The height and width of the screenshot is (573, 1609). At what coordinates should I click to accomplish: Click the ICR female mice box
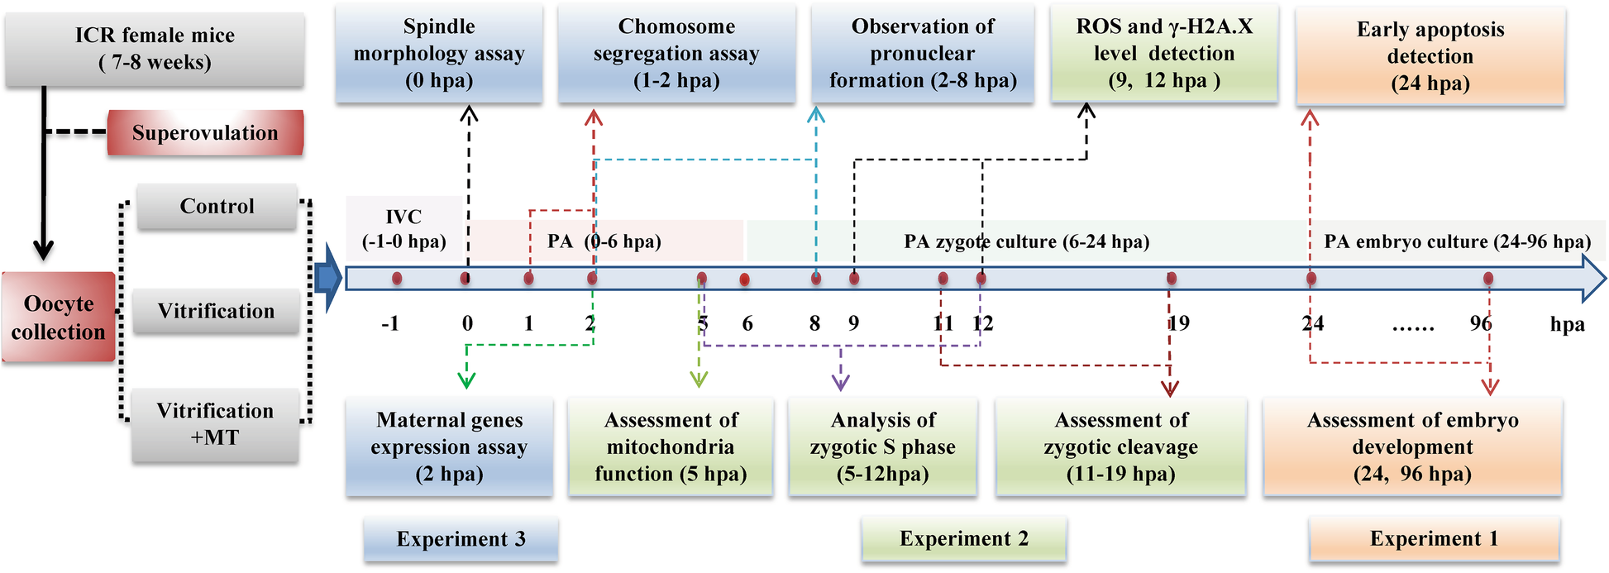(155, 49)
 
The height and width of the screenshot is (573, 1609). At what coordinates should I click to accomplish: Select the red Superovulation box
(205, 133)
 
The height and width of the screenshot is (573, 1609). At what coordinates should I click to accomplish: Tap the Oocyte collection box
(58, 318)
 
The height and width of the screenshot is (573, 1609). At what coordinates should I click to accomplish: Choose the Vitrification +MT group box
(215, 424)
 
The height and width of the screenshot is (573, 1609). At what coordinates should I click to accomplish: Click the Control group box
(217, 206)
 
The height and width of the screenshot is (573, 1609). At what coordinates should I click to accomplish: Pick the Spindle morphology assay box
(439, 54)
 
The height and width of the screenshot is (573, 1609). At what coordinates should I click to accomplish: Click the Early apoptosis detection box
(1430, 56)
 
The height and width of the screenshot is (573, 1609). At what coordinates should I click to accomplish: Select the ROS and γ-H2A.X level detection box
(1164, 54)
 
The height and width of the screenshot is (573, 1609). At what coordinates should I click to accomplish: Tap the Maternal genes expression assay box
(449, 446)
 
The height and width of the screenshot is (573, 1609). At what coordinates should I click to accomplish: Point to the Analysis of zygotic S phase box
(882, 446)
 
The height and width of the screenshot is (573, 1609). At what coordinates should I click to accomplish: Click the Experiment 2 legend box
(964, 539)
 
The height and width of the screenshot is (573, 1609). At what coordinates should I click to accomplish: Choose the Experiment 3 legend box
(461, 539)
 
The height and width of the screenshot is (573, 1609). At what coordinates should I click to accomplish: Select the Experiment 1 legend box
(1434, 539)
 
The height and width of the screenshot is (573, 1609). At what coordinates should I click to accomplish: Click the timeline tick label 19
(1179, 323)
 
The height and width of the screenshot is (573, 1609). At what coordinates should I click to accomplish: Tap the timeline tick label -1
(390, 323)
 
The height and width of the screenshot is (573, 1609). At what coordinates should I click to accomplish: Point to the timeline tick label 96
(1481, 323)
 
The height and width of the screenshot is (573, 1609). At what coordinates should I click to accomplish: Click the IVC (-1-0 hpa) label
(403, 229)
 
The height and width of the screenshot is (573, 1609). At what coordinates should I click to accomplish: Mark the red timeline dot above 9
(854, 279)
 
